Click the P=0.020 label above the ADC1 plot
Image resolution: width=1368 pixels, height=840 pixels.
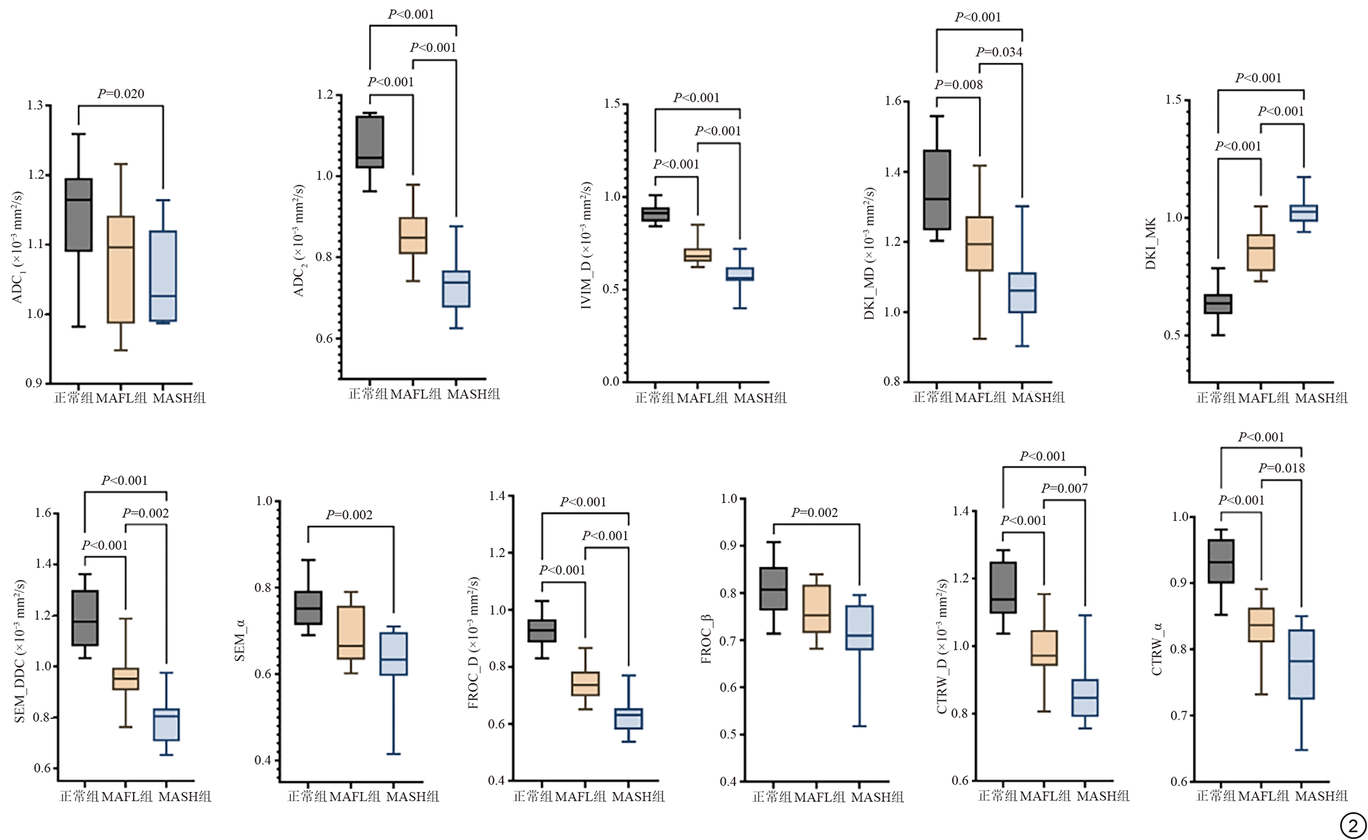pyautogui.click(x=121, y=94)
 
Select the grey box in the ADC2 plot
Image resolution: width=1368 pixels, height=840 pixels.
pyautogui.click(x=370, y=142)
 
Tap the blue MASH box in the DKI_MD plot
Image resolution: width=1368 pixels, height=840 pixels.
pyautogui.click(x=1022, y=293)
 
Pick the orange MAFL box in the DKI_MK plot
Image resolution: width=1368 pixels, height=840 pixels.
pyautogui.click(x=1261, y=253)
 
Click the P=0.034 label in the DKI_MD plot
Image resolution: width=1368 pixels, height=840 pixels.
pyautogui.click(x=999, y=52)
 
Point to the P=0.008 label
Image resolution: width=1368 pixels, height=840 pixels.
pyautogui.click(x=959, y=85)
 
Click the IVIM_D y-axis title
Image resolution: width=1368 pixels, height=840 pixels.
pyautogui.click(x=586, y=245)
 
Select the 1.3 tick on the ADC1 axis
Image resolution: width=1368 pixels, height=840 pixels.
pyautogui.click(x=35, y=105)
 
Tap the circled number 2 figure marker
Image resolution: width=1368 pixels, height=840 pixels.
pyautogui.click(x=1352, y=826)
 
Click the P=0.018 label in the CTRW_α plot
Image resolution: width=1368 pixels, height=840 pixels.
pyautogui.click(x=1281, y=468)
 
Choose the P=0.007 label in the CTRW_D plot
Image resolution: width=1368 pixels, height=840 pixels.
pyautogui.click(x=1064, y=489)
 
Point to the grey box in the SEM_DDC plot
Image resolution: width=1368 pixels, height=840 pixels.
pyautogui.click(x=85, y=618)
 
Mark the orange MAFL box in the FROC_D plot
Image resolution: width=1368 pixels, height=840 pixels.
pyautogui.click(x=585, y=683)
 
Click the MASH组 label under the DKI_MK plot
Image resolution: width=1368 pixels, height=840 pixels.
pyautogui.click(x=1321, y=398)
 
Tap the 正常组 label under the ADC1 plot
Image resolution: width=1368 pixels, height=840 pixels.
pyautogui.click(x=74, y=398)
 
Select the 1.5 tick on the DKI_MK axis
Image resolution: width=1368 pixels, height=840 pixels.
pyautogui.click(x=1173, y=100)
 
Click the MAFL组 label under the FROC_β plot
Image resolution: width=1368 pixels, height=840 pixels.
pyautogui.click(x=819, y=797)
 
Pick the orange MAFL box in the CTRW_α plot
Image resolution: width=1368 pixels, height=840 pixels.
pyautogui.click(x=1261, y=624)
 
